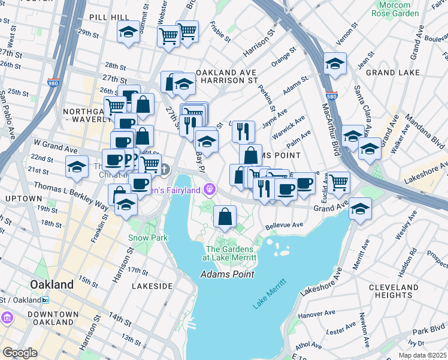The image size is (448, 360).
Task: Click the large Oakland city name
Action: click(x=52, y=284)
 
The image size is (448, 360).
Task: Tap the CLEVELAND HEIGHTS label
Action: click(x=410, y=291)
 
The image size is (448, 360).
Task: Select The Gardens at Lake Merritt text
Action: click(x=231, y=253)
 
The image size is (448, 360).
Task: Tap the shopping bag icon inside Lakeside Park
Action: click(x=225, y=217)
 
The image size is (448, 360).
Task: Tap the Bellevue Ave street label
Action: click(x=285, y=226)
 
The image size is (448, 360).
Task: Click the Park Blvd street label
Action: click(x=428, y=331)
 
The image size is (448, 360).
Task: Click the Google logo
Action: click(x=20, y=353)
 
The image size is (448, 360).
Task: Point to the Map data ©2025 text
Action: click(x=422, y=355)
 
